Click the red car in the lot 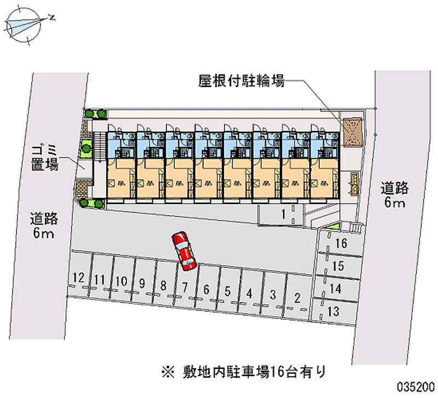183,251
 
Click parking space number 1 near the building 284,214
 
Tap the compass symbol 25,24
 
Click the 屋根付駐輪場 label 240,82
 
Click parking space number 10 121,281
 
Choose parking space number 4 249,294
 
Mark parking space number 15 338,267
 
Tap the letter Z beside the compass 51,17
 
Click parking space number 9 142,283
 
